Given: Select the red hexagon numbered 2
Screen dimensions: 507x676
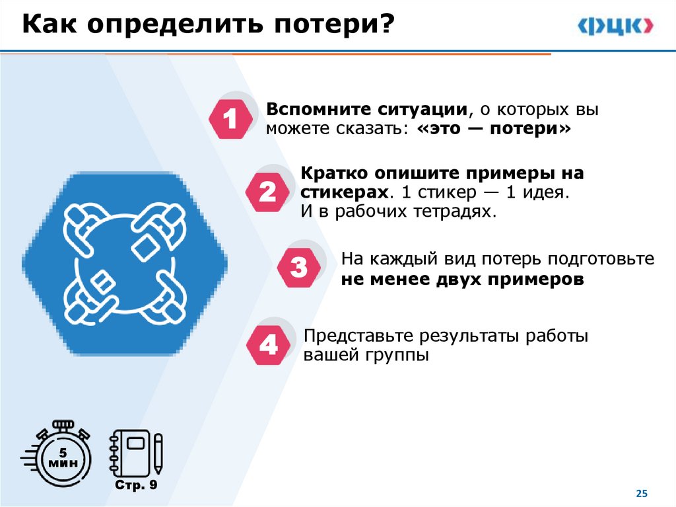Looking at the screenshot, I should tap(267, 193).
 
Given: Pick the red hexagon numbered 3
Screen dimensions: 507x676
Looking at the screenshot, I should tap(298, 268).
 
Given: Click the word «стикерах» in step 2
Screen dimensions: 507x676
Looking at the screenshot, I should tap(343, 193).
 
